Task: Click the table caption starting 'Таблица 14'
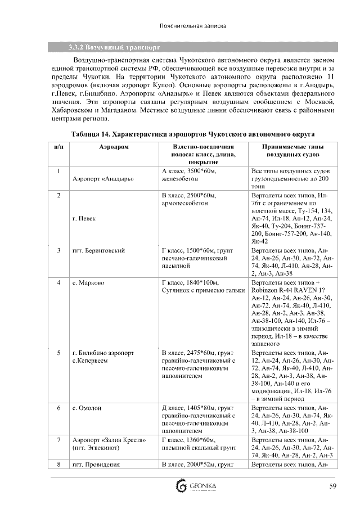[192, 134]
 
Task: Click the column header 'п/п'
[58, 146]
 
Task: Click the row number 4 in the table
[58, 282]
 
